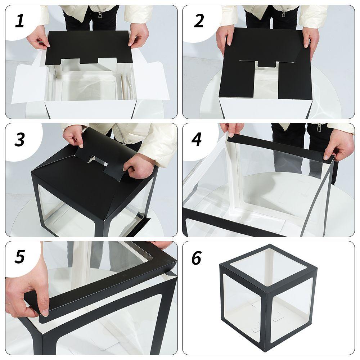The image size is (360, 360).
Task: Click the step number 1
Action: click(19, 21)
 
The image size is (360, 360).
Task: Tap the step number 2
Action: click(199, 21)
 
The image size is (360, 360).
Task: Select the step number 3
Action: click(19, 139)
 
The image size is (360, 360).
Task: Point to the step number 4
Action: click(197, 139)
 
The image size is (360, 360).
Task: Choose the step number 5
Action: click(19, 257)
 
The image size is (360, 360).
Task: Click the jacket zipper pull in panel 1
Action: click(100, 14)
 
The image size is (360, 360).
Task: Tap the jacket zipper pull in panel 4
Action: click(319, 127)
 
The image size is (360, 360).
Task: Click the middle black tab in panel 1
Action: click(89, 60)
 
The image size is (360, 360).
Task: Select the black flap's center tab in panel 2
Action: click(267, 64)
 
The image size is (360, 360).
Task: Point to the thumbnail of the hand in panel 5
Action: click(45, 312)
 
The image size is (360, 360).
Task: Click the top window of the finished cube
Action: click(269, 267)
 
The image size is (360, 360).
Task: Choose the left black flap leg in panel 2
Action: click(237, 80)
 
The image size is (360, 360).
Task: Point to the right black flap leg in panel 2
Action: click(296, 81)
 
